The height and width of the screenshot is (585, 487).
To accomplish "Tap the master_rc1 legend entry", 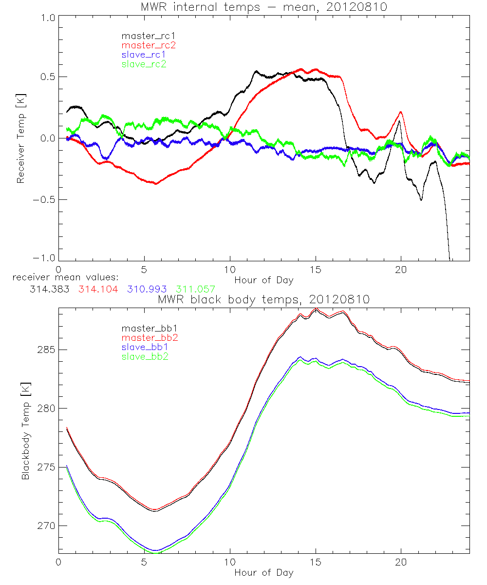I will (144, 36).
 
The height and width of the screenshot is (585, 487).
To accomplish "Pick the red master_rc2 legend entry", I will (148, 45).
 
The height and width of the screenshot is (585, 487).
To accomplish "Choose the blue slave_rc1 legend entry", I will (144, 54).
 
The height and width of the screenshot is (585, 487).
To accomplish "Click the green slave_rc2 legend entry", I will (144, 64).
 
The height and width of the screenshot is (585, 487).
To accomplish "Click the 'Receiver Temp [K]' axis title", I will (20, 138).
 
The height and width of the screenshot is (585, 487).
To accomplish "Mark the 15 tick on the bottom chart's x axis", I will (316, 562).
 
